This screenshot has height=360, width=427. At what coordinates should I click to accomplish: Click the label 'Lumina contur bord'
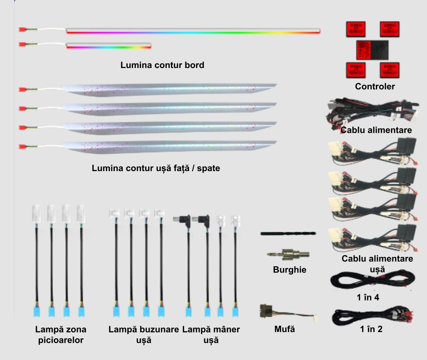pos(162,65)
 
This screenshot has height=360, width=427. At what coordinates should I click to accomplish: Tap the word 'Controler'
pos(375,86)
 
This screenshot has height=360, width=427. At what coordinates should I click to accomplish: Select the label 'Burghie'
pos(290,270)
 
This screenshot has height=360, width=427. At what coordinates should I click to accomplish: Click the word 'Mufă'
pos(285,329)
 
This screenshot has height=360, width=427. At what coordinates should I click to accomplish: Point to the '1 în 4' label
pos(368,297)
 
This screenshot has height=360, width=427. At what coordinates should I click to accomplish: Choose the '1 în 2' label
pos(371,329)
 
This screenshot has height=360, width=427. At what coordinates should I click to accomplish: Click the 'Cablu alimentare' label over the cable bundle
pos(376,130)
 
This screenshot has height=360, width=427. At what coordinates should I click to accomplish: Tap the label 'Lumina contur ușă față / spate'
pos(156,168)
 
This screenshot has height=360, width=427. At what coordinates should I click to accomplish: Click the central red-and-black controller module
pos(372,50)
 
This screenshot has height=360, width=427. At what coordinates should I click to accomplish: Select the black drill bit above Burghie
pos(288,233)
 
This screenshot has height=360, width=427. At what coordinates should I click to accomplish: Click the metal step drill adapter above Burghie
pos(288,255)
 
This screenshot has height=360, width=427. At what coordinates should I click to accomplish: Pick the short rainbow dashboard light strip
pos(109,46)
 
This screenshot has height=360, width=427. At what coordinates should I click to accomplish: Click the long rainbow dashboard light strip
pos(193,31)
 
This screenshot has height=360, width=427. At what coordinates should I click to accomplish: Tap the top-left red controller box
pos(356,29)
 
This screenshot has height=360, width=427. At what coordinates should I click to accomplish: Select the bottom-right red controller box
pos(390,70)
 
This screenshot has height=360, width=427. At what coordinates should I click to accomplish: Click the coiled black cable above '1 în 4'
pos(373,280)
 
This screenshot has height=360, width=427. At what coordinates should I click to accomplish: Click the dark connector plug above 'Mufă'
pos(266,311)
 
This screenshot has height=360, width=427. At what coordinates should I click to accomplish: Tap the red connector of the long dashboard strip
pos(22,29)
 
